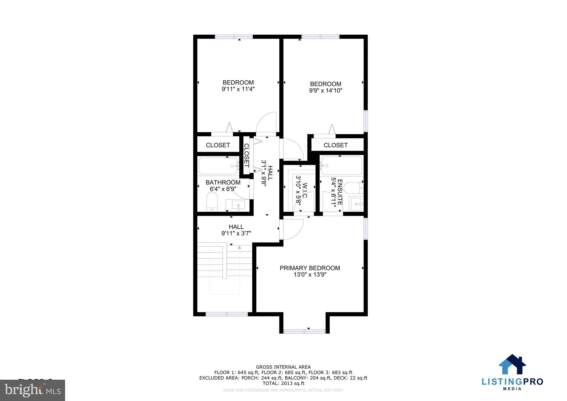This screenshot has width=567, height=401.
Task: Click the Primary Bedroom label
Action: click(x=310, y=268)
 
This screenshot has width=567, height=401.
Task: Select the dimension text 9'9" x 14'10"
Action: click(x=326, y=91)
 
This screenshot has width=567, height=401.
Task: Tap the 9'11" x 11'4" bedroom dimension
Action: click(x=238, y=89)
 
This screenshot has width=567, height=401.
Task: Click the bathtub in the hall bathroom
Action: click(x=218, y=166)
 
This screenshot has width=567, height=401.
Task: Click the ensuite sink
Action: click(x=356, y=204)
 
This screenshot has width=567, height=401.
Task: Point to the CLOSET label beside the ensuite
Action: click(x=336, y=145)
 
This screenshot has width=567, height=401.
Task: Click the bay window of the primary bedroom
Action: click(x=305, y=331)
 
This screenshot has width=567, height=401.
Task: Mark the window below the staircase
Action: click(x=226, y=314)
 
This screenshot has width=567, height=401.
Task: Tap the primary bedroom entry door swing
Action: click(x=291, y=229)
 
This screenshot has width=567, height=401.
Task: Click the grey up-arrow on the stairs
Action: click(x=239, y=247)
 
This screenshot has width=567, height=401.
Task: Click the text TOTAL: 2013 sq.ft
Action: click(x=283, y=383)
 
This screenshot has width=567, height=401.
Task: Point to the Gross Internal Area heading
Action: click(x=283, y=367)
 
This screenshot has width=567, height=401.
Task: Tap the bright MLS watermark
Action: click(x=33, y=390)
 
